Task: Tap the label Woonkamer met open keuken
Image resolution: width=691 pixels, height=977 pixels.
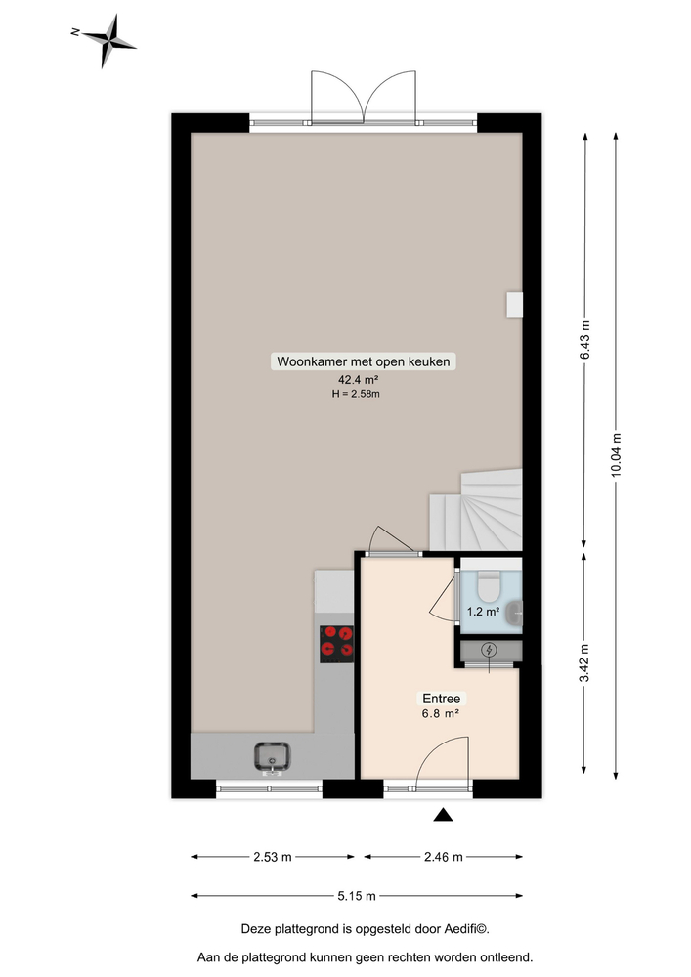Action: [x=364, y=361]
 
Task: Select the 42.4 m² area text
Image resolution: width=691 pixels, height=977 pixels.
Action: [x=358, y=380]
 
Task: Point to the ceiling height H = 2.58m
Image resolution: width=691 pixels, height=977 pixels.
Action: [x=356, y=395]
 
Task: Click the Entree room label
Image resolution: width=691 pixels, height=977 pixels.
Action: [x=441, y=699]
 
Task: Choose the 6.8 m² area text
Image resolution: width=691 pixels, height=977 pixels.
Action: [x=441, y=713]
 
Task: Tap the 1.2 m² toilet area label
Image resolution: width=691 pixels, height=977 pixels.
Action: [x=483, y=612]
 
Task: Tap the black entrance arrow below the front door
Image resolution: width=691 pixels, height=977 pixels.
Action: [x=444, y=815]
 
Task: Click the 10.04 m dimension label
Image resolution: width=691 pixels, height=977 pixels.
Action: [x=616, y=454]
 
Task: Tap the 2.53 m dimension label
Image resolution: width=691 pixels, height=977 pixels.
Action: [x=272, y=858]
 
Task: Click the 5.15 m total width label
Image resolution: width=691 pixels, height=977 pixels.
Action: [x=357, y=895]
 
